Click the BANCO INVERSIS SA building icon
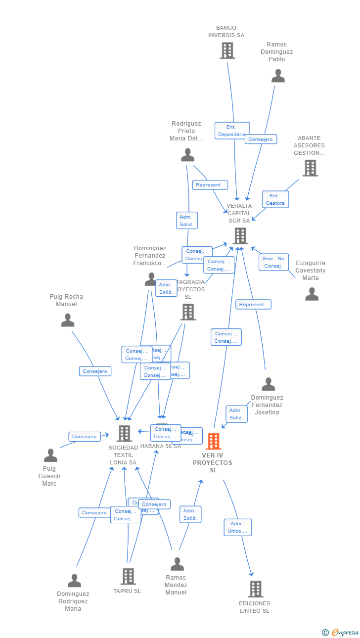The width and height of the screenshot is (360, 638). point(227,50)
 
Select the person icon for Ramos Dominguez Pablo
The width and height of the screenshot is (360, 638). point(278,76)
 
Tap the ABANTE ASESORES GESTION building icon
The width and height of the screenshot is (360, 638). point(310,168)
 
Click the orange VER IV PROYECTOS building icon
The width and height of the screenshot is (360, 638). point(213,441)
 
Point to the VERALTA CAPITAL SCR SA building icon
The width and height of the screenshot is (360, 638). point(240,235)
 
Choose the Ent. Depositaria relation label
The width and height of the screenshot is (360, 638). point(232,131)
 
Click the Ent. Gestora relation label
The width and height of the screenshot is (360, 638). point(275,199)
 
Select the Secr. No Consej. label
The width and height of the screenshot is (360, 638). point(273,262)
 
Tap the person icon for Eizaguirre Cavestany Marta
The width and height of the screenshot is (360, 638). point(312,294)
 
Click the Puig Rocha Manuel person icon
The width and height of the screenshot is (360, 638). point(67,320)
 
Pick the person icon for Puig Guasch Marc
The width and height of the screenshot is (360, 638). point(50,455)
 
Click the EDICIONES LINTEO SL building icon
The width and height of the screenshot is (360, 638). point(255,589)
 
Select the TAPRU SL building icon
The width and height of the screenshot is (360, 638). point(128,576)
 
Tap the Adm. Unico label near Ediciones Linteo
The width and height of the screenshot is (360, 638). point(237,527)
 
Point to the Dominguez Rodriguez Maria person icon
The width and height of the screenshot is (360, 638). point(74,580)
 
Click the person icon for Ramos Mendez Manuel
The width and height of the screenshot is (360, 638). point(177,564)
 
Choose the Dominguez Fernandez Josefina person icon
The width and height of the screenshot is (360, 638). point(268,384)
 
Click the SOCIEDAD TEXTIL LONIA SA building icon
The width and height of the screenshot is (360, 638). point(124,433)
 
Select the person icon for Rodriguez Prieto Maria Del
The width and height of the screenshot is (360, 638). point(187,155)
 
